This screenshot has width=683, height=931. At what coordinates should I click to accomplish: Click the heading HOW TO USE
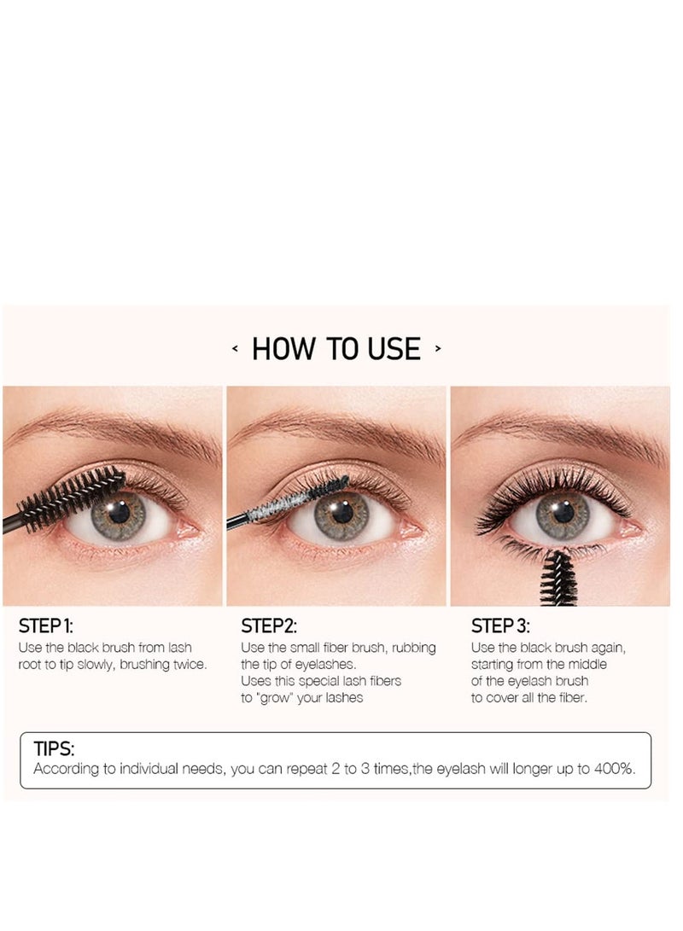pos(336,349)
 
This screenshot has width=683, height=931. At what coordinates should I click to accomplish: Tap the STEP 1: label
pos(51,626)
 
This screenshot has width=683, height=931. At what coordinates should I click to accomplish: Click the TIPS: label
pos(54,749)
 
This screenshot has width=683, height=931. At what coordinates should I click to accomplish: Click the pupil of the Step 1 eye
pos(119,513)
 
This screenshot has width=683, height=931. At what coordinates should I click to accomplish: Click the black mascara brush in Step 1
pos(73,499)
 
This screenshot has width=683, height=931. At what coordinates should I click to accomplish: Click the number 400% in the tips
pos(616,769)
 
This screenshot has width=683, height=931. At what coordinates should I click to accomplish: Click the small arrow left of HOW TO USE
pos(235,349)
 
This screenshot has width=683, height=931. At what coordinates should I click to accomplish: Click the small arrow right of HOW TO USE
pos(438,349)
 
